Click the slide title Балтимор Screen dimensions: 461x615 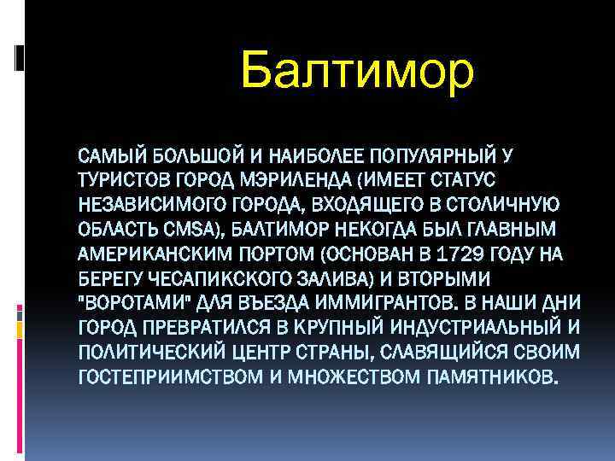pyautogui.click(x=356, y=70)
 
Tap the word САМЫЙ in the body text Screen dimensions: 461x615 pyautogui.click(x=108, y=156)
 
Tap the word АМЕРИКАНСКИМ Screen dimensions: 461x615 pyautogui.click(x=147, y=254)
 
